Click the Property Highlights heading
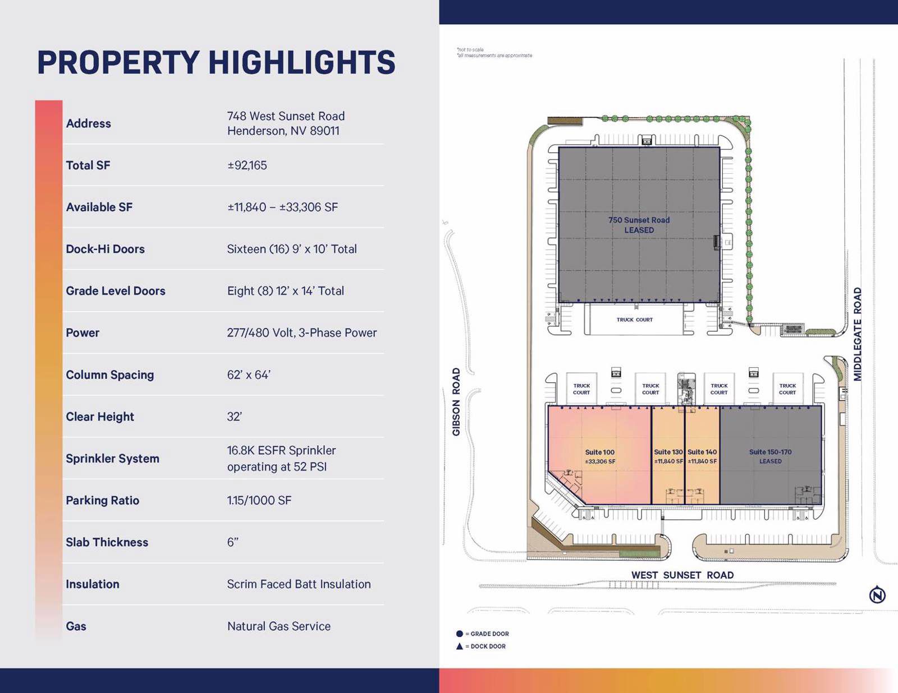(216, 62)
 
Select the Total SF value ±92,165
(247, 165)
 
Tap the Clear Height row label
(100, 417)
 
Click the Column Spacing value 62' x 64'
(249, 375)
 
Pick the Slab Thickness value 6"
(233, 542)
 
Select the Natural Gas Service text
(279, 626)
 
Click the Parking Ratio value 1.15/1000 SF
(259, 500)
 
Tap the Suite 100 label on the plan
(599, 452)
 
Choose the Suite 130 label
(668, 452)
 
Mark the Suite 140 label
(702, 452)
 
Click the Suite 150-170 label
(770, 452)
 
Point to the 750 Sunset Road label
(639, 220)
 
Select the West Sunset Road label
(682, 575)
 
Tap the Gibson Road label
(456, 401)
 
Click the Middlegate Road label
(857, 334)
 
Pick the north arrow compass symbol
(877, 594)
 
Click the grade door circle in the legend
(460, 634)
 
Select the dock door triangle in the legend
(460, 646)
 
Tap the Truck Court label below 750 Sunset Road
(634, 320)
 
